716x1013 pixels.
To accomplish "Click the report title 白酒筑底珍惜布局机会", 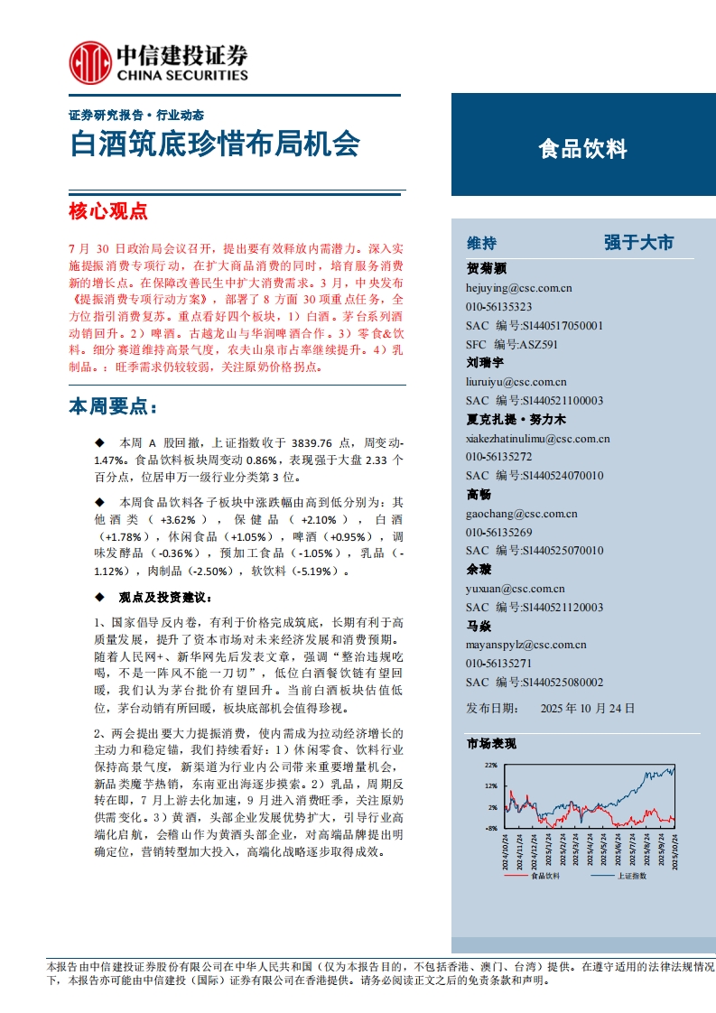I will point(215,144).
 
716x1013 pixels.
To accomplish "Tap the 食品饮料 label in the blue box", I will point(582,149).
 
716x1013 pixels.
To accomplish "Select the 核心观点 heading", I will point(107,212).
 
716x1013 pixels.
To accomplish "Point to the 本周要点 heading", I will point(112,407).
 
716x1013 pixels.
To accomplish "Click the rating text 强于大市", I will point(638,243).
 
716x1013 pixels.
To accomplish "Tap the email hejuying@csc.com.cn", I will point(518,288).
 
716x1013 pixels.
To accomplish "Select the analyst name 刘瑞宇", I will point(485,364).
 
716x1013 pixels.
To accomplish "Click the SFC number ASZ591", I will point(539,344).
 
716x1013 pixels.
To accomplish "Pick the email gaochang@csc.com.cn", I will point(521,514).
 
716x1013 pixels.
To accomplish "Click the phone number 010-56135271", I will point(498,664).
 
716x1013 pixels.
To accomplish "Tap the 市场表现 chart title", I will point(491,744).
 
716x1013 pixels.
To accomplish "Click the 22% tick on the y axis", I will point(491,765).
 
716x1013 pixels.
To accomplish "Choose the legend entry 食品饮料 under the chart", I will point(545,876).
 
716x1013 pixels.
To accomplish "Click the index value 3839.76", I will point(315,443).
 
